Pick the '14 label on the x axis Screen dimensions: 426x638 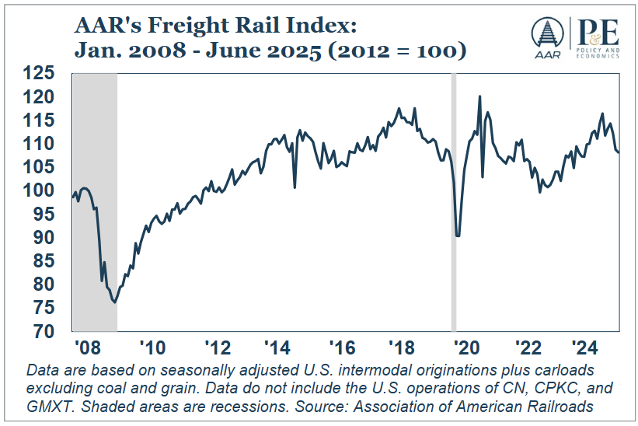tap(275, 347)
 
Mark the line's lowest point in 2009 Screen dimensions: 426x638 tap(114, 302)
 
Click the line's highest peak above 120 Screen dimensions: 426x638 tap(479, 96)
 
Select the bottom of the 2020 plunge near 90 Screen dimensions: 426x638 tap(458, 236)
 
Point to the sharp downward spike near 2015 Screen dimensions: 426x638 tap(295, 187)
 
